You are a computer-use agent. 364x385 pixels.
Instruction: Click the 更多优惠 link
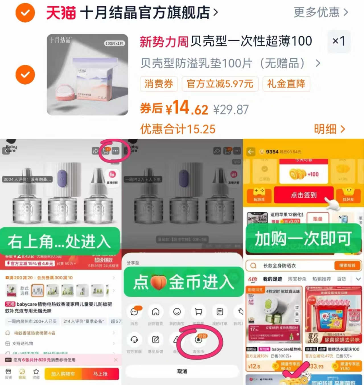pyautogui.click(x=321, y=12)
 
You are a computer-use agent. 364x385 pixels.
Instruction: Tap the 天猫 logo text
pyautogui.click(x=61, y=13)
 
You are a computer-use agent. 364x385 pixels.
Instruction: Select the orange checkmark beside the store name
pyautogui.click(x=25, y=13)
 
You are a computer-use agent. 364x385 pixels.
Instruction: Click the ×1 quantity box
pyautogui.click(x=339, y=41)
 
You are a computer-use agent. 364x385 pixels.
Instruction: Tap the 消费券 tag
pyautogui.click(x=159, y=84)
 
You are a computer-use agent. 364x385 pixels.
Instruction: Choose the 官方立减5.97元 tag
pyautogui.click(x=220, y=84)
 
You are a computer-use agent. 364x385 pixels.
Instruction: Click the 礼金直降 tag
pyautogui.click(x=286, y=84)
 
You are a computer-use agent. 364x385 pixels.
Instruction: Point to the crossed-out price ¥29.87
pyautogui.click(x=231, y=110)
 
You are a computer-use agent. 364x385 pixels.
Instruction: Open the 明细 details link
pyautogui.click(x=329, y=129)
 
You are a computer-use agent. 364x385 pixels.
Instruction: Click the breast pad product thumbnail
pyautogui.click(x=87, y=75)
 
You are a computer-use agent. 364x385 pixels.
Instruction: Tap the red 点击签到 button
pyautogui.click(x=303, y=195)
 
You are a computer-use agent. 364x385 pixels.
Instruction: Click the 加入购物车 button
pyautogui.click(x=63, y=374)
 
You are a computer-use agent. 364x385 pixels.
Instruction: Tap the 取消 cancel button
pyautogui.click(x=182, y=371)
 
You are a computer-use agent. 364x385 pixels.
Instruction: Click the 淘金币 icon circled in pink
pyautogui.click(x=198, y=340)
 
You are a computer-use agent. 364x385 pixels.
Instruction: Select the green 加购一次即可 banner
pyautogui.click(x=303, y=238)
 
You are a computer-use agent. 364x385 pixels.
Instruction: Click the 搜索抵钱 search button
pyautogui.click(x=347, y=266)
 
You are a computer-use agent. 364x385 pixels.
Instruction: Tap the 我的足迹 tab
pyautogui.click(x=272, y=279)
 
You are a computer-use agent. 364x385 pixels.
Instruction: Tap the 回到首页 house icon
pyautogui.click(x=155, y=312)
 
